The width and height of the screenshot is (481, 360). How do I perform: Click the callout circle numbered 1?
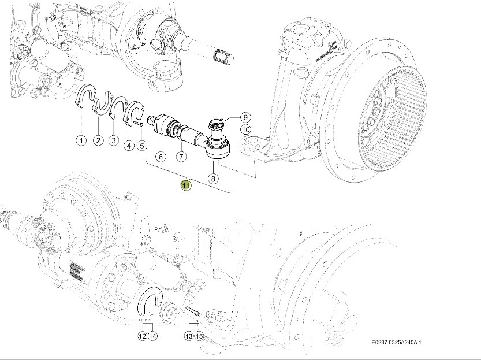click(x=81, y=140)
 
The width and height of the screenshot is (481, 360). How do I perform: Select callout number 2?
click(x=99, y=140)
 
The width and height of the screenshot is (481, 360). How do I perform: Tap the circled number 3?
click(x=114, y=140)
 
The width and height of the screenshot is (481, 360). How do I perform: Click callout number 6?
click(x=161, y=156)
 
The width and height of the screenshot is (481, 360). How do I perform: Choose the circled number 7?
click(x=180, y=156)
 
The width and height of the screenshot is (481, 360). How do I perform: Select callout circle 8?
click(x=213, y=179)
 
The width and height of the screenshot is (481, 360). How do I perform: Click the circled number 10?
click(x=245, y=129)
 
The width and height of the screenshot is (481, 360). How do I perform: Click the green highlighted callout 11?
click(x=185, y=185)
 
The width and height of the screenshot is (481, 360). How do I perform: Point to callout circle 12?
click(x=142, y=336)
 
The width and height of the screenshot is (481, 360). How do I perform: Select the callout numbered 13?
click(x=188, y=336)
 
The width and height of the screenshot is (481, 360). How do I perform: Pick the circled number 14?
click(x=152, y=336)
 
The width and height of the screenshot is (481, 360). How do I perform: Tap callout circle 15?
click(x=199, y=336)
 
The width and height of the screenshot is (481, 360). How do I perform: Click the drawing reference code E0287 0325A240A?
click(x=396, y=342)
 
